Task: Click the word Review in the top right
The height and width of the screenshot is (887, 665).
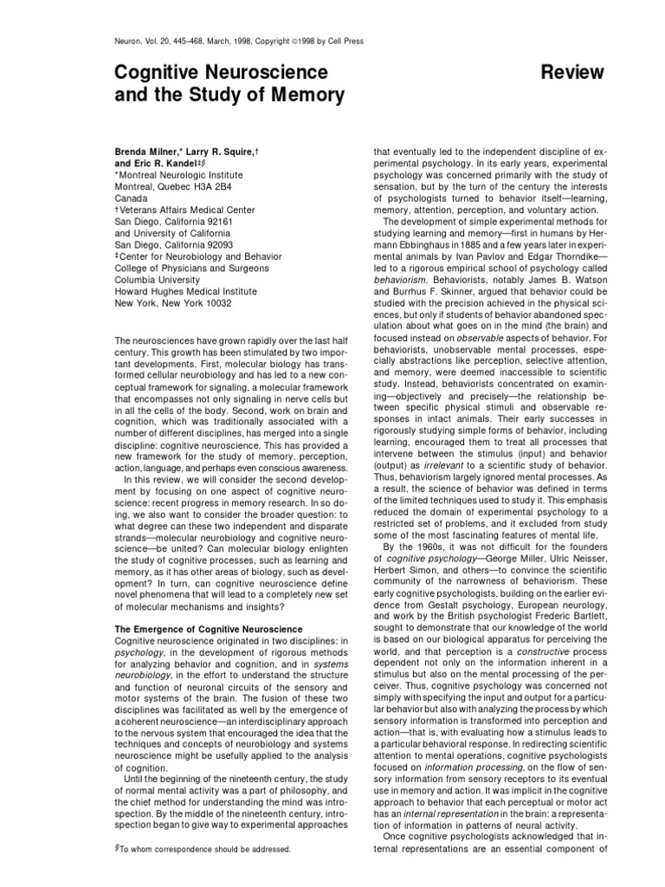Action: [568, 71]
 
